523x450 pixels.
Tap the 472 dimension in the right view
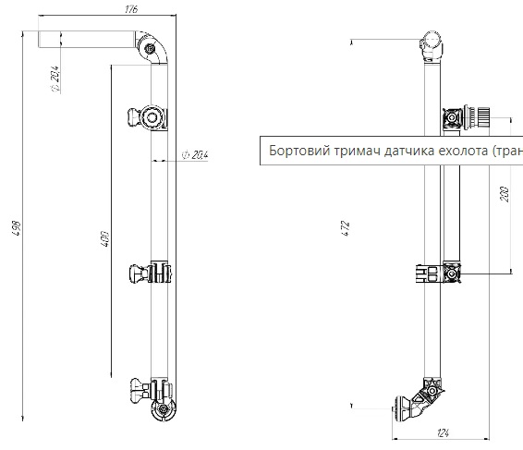coord(345,227)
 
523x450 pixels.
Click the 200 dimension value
coord(503,194)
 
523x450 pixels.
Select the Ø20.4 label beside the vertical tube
coord(196,155)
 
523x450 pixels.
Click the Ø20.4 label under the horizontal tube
coord(56,79)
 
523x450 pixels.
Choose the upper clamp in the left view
coord(149,117)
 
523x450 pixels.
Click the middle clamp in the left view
coord(150,274)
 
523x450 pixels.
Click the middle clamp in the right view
coord(444,274)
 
